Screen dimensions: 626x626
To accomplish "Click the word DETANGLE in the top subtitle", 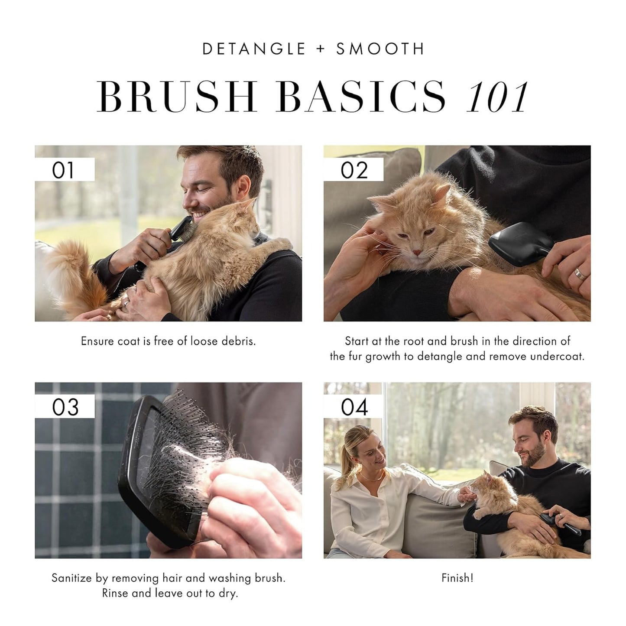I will [254, 49].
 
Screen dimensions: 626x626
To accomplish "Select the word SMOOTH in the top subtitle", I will [380, 49].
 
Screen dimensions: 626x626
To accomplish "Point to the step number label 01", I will [63, 170].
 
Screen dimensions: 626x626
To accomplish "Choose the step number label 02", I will [354, 170].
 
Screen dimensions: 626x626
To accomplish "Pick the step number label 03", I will [65, 407].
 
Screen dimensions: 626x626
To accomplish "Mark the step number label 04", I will [354, 407].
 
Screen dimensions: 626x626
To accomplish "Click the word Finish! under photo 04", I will [457, 578].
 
